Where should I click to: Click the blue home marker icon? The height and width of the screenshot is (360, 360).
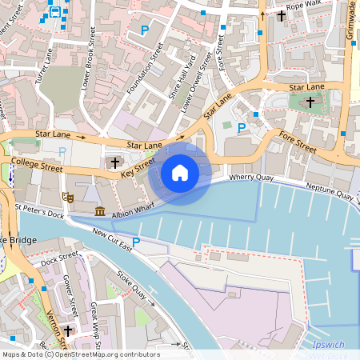(x=180, y=172)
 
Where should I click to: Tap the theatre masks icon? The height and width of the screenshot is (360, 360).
(x=68, y=194)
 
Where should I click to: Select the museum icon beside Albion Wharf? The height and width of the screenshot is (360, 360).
(x=100, y=211)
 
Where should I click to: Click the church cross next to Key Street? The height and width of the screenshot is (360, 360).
(x=115, y=162)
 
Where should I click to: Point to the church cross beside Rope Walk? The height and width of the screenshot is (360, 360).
(x=282, y=14)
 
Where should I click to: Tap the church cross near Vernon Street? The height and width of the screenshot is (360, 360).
(x=69, y=330)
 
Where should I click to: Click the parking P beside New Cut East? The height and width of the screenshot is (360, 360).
(x=136, y=242)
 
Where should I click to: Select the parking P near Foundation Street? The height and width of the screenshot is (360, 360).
(x=145, y=30)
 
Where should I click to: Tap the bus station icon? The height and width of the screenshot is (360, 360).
(x=54, y=11)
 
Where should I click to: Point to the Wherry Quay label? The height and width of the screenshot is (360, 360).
(x=252, y=177)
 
